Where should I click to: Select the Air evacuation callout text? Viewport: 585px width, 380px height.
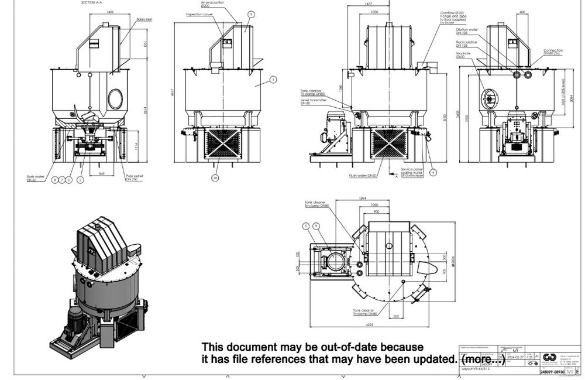(206, 4)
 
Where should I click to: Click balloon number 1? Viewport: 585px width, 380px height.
(273, 79)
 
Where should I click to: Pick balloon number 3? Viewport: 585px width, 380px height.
(251, 14)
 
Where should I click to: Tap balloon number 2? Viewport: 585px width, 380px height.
(81, 180)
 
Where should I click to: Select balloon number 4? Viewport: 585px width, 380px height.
(433, 172)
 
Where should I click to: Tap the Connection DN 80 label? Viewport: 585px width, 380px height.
(552, 52)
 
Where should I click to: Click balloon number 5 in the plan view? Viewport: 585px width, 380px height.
(305, 225)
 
